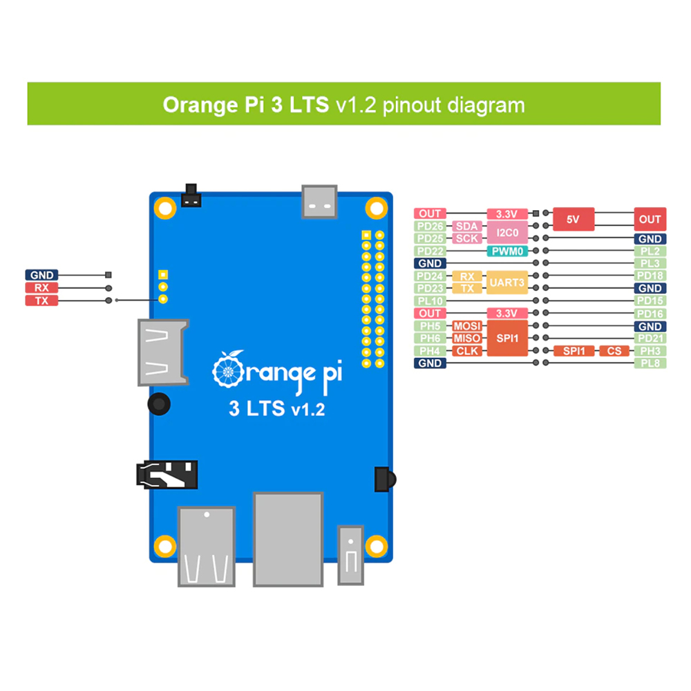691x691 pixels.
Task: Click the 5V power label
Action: coord(574,219)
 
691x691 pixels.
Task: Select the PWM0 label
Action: coord(507,252)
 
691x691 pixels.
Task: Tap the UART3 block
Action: coord(507,282)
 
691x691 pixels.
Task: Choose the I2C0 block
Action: coord(507,232)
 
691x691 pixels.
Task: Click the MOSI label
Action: coord(466,326)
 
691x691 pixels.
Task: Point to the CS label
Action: coord(614,351)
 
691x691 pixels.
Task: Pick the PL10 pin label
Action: coord(430,301)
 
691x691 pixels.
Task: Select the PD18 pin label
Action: coord(650,276)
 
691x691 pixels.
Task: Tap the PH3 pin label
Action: coord(650,351)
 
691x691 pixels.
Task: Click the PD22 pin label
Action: coord(430,252)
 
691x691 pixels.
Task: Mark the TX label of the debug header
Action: coord(41,301)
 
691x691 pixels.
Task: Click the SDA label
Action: coord(466,226)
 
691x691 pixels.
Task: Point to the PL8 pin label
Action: coord(650,363)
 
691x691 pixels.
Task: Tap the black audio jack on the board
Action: coord(167,475)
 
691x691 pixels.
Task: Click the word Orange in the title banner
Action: coord(200,105)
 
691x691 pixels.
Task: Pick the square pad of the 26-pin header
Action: coord(366,235)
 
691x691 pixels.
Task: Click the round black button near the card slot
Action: coord(159,404)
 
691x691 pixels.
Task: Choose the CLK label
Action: coord(466,351)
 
